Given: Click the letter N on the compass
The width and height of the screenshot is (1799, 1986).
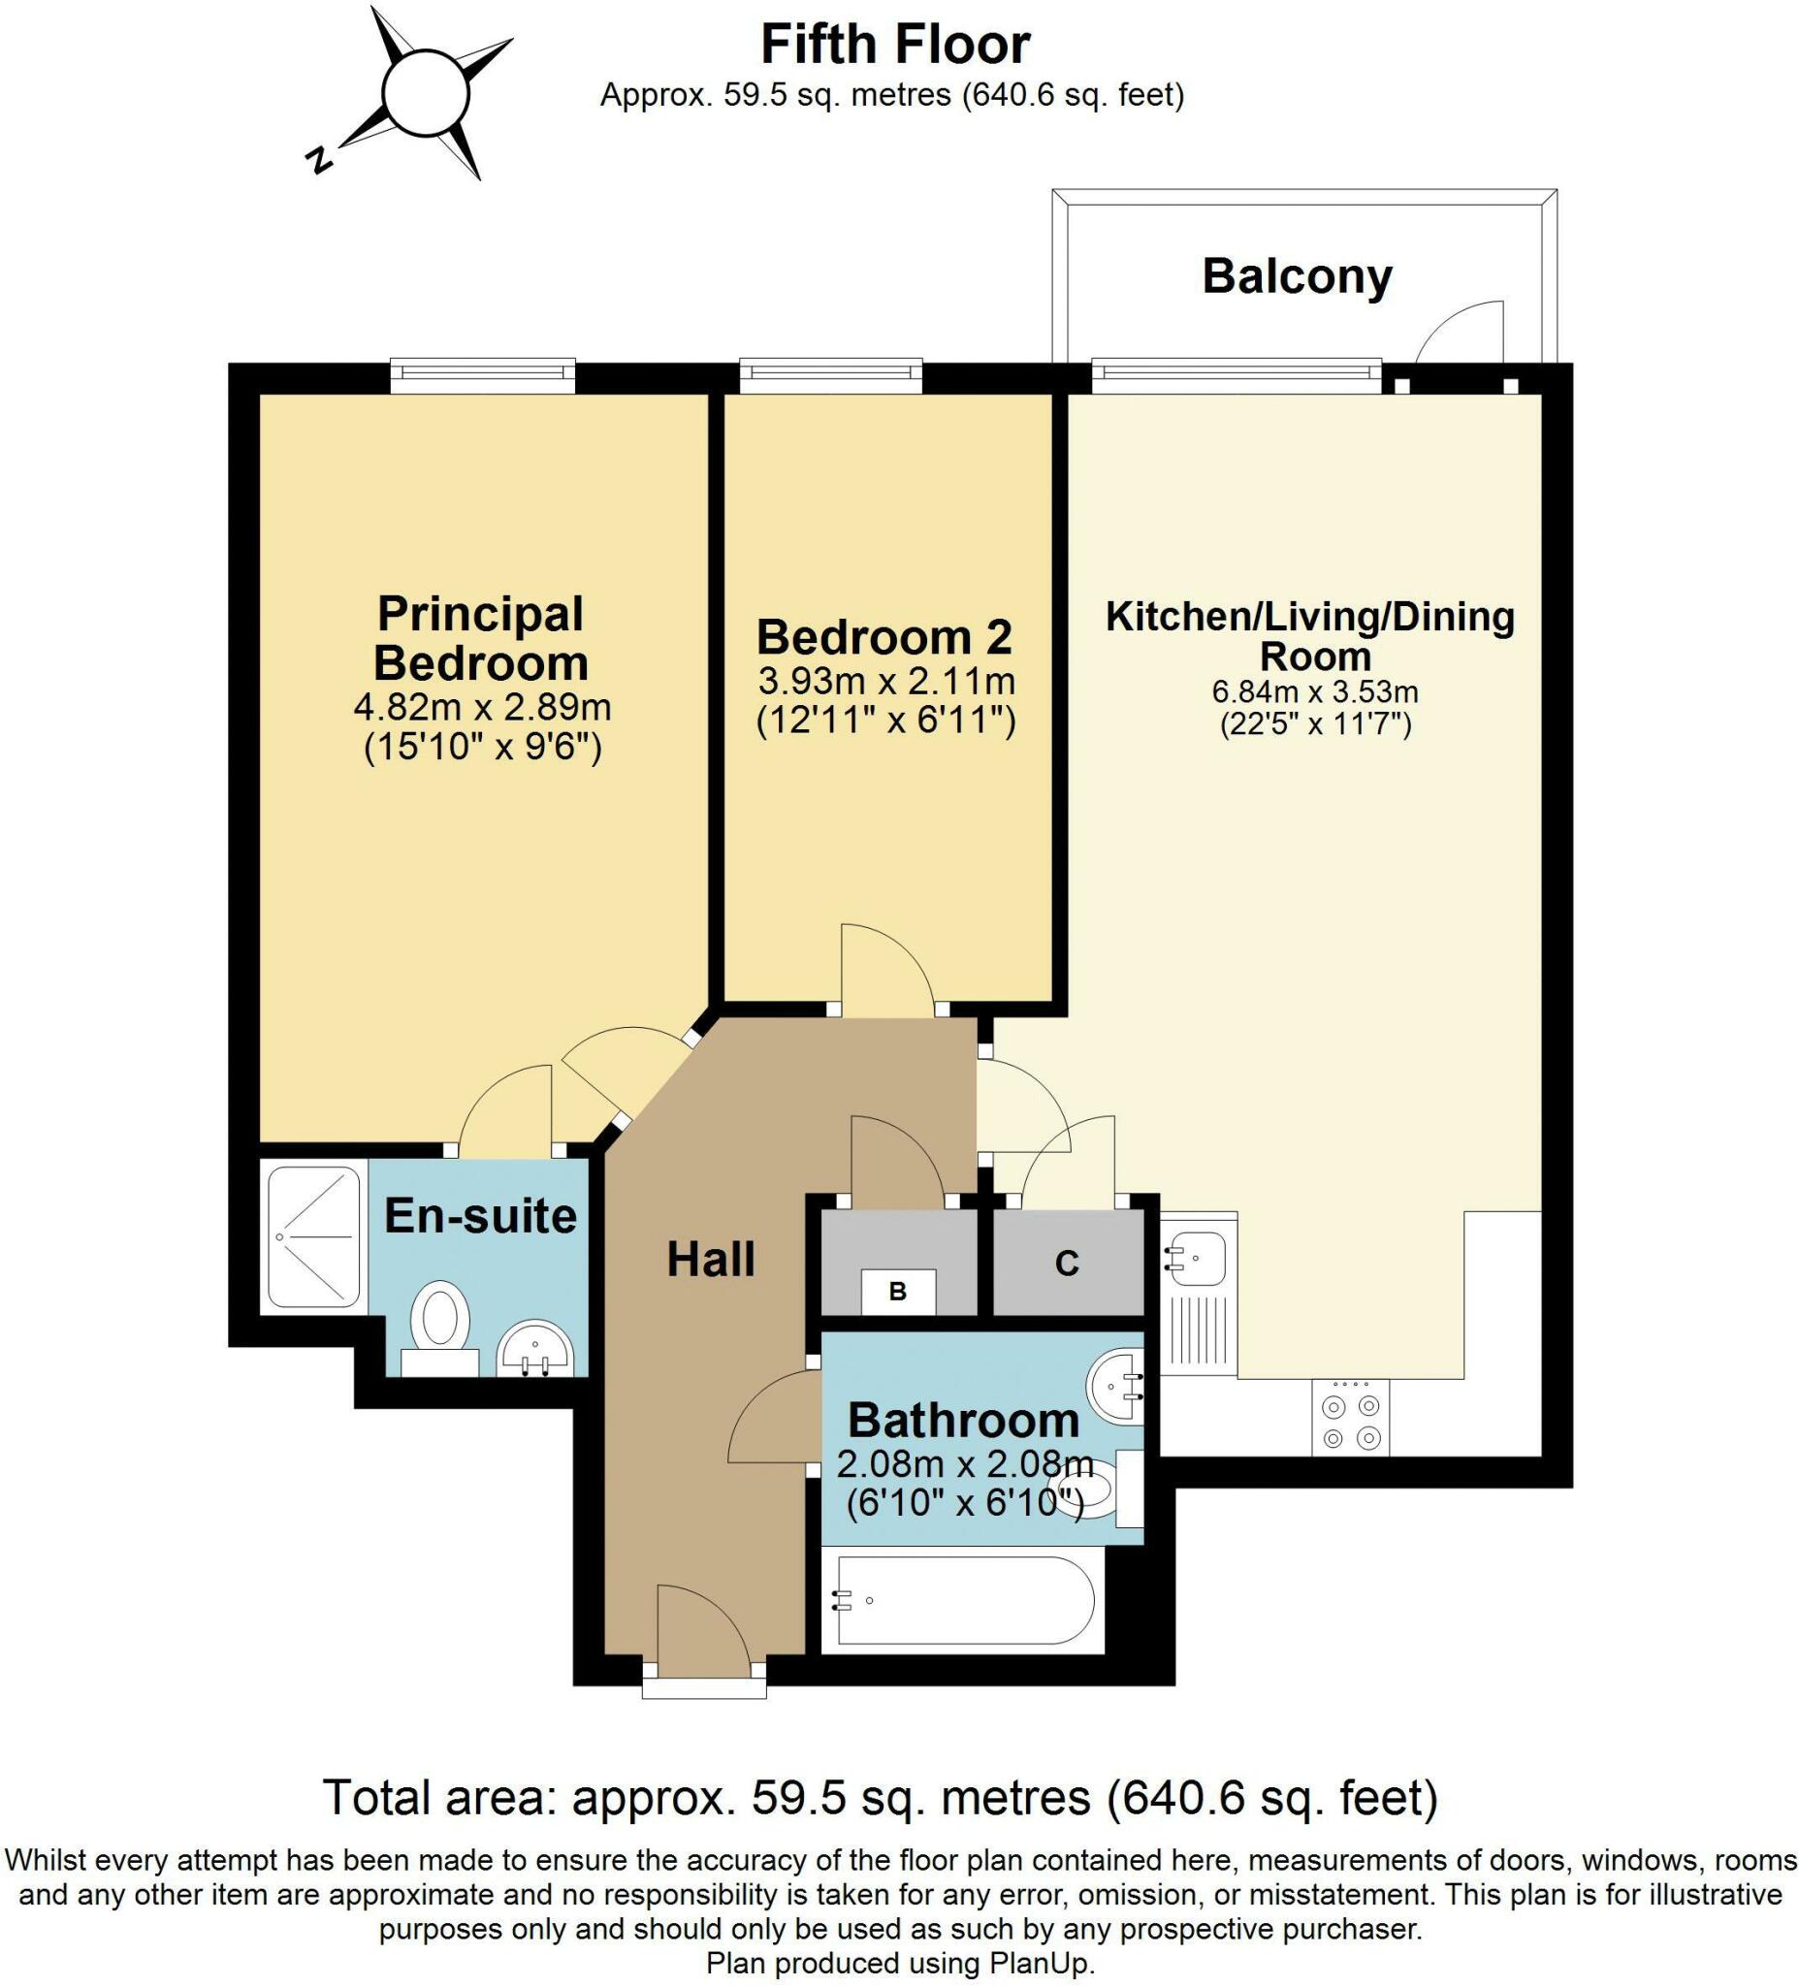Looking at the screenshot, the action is [x=318, y=159].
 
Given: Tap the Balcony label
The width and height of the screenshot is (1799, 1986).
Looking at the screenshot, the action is [x=1297, y=275].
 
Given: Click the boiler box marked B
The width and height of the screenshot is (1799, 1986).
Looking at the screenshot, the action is [x=897, y=1292].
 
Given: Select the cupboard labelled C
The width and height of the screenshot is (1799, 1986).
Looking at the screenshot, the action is [x=1068, y=1262].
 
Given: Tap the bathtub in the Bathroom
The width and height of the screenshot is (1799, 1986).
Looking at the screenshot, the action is [x=965, y=1601].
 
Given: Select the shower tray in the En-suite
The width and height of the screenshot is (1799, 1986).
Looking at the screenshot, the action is [x=313, y=1236].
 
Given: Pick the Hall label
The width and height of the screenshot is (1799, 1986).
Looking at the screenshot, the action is [x=710, y=1259].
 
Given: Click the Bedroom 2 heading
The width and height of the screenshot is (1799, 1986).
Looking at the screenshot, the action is [x=883, y=637].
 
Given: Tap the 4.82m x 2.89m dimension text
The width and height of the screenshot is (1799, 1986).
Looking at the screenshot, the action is [x=483, y=707].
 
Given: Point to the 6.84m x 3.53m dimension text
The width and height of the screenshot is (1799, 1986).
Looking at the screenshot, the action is [x=1315, y=691].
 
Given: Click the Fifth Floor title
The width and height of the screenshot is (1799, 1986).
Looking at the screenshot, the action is [x=895, y=45].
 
